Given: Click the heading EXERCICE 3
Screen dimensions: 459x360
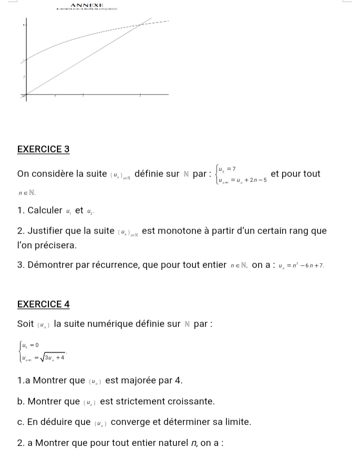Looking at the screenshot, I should (x=43, y=149).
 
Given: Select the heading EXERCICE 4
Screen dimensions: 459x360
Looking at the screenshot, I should (x=43, y=304).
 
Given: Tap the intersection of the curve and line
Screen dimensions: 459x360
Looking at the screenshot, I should (x=141, y=24).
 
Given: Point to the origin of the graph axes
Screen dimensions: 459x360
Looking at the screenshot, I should (x=26, y=94).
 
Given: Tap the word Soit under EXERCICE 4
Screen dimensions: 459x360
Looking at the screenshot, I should (x=25, y=323).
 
